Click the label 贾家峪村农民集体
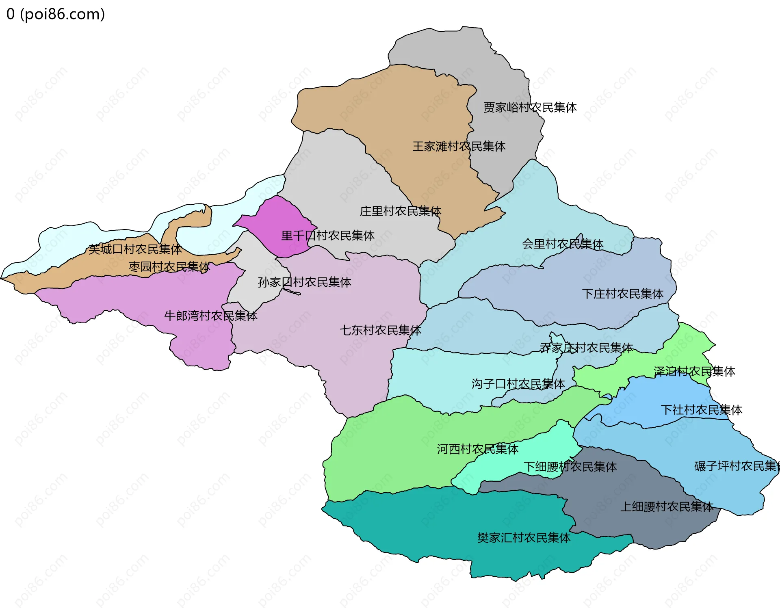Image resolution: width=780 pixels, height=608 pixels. click(x=530, y=108)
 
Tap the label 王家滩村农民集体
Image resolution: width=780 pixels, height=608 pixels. click(x=459, y=147)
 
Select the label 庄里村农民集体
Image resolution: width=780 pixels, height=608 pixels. click(x=400, y=211)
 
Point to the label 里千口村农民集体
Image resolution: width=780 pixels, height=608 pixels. click(x=327, y=236)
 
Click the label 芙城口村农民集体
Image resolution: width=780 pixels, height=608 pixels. click(x=135, y=249)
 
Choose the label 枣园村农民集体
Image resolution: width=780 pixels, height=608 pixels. click(x=169, y=267)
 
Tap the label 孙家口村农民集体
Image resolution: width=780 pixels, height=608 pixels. click(x=304, y=282)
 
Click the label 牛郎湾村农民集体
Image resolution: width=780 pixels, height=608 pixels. click(x=210, y=316)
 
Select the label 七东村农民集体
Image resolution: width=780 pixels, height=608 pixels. click(x=380, y=330)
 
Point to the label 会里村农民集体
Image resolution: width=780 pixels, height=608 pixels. click(x=562, y=244)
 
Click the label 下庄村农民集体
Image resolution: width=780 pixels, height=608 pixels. click(x=622, y=294)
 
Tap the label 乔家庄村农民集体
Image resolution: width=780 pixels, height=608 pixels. click(x=586, y=348)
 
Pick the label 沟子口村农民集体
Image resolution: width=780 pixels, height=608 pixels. click(x=518, y=384)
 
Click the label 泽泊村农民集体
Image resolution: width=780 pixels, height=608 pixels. click(x=694, y=372)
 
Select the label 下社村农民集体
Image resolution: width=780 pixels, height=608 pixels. click(x=701, y=410)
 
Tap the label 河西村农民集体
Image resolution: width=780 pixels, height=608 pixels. click(x=477, y=449)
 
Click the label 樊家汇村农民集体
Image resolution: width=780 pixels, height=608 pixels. click(x=524, y=538)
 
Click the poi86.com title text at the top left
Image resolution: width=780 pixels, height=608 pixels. click(x=56, y=14)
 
